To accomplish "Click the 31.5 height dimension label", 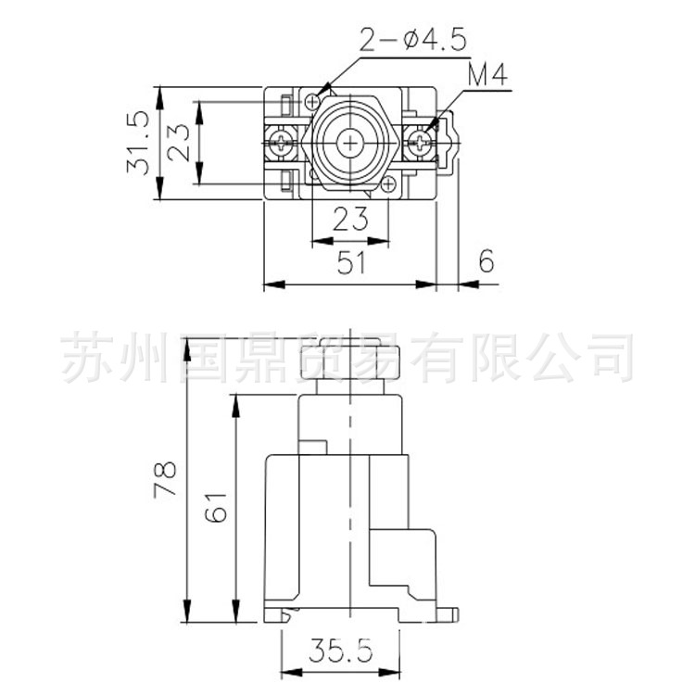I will (138, 143).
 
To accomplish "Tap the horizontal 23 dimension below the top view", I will (350, 220).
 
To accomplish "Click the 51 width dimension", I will (349, 263).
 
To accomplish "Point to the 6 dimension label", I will (486, 262).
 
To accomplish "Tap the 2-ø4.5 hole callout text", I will (413, 40).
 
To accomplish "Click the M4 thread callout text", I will (487, 76).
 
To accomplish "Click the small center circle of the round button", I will (350, 143).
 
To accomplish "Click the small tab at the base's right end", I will (450, 613).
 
